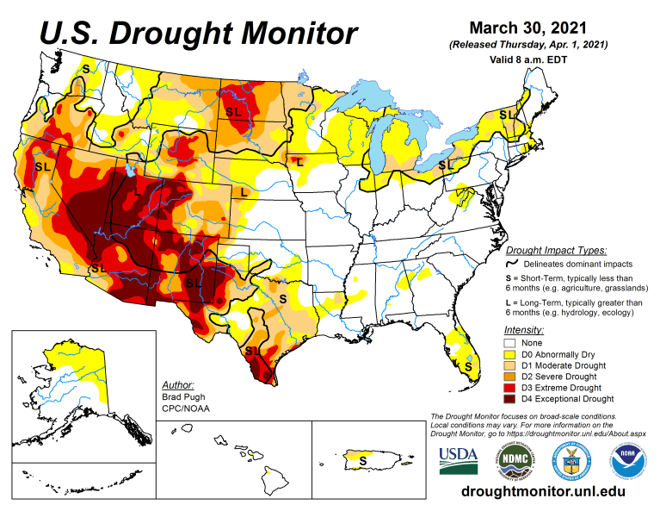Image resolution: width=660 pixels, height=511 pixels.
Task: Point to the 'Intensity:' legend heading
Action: coord(524,329)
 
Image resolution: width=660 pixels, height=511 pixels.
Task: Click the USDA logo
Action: coord(459,461)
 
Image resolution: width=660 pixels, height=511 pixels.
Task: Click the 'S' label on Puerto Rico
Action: coord(362,460)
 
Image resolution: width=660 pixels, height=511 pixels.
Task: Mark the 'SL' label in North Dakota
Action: coord(233,112)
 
